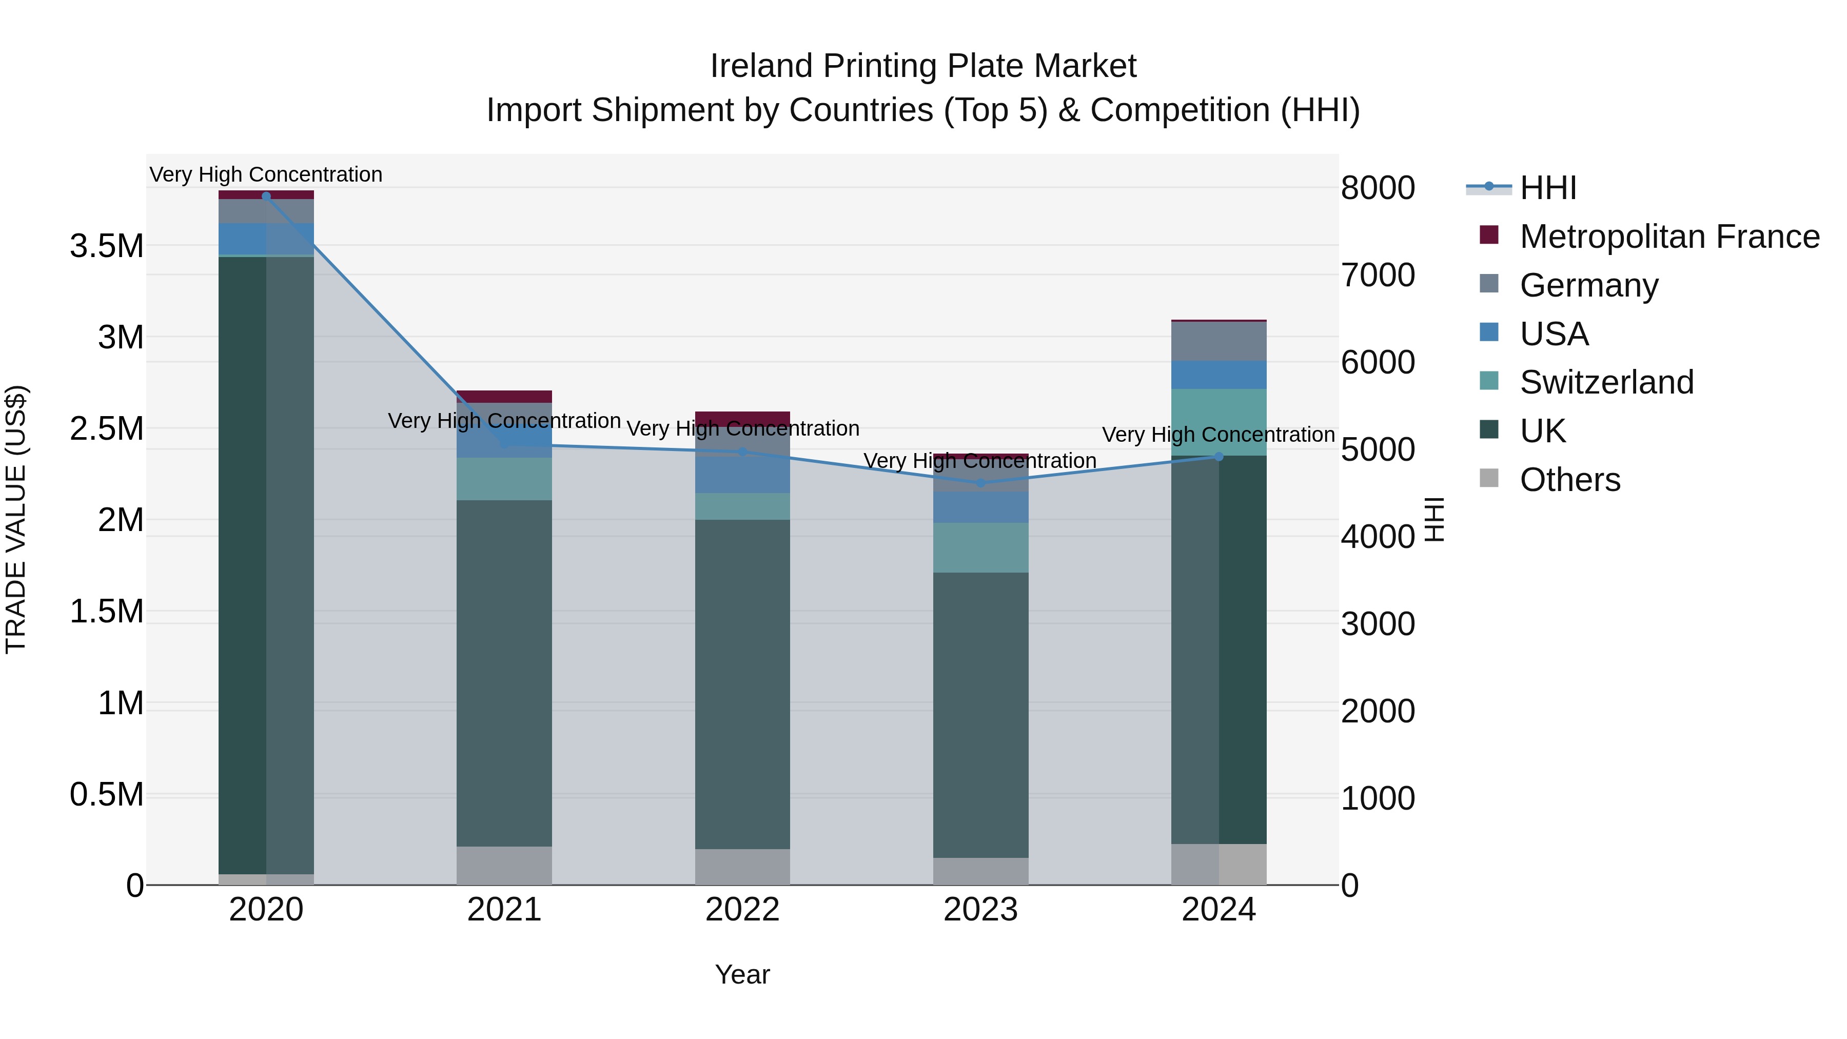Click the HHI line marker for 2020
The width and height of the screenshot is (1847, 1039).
tap(266, 196)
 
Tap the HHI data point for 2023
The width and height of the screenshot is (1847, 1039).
tap(981, 483)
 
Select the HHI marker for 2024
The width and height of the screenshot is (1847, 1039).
tap(1219, 457)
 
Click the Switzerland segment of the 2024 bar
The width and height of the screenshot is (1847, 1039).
tap(1219, 422)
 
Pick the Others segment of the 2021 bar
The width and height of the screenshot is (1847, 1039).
tap(504, 866)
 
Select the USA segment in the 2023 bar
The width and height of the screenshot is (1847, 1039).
tap(981, 507)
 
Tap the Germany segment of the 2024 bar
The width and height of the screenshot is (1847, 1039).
tap(1219, 341)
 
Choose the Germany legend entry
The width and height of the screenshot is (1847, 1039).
tap(1589, 285)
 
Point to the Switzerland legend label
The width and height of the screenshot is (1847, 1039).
tap(1606, 382)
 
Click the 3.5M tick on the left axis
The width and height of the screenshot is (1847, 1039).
tap(106, 246)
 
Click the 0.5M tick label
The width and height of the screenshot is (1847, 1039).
tap(106, 794)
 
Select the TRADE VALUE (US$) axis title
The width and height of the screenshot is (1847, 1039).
tap(16, 519)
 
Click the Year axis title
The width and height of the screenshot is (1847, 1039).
tap(742, 974)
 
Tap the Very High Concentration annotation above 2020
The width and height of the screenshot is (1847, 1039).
tap(266, 174)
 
